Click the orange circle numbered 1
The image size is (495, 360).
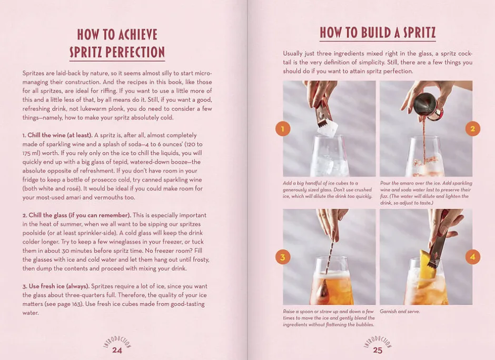pos(283,129)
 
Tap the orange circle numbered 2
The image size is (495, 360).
pos(472,129)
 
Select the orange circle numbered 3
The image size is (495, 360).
pos(283,257)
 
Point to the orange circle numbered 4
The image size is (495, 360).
pos(472,257)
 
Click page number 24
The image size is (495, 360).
pos(117,350)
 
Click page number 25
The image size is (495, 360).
pos(378,350)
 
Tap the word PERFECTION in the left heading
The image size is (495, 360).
pos(135,52)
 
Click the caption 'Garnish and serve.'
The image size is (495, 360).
pos(400,312)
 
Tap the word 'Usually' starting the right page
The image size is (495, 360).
pos(293,54)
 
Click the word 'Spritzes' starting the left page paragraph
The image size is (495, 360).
pos(33,74)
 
